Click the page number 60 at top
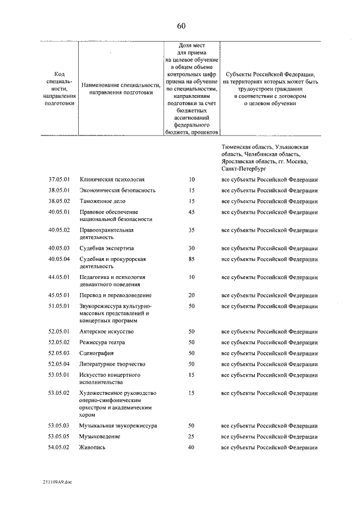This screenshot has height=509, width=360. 181,26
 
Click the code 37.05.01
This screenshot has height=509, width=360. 58,179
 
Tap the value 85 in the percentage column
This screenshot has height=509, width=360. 191,259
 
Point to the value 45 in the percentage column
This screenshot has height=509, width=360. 191,211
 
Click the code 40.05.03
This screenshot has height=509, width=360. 58,248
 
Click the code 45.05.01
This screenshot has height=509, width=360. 58,295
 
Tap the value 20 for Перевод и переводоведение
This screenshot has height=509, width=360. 191,295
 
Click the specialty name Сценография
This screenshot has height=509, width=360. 97,353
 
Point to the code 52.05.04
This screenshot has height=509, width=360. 58,364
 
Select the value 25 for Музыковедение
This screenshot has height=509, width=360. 191,436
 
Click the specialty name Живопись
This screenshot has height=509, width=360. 93,447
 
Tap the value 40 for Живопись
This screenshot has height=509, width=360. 191,447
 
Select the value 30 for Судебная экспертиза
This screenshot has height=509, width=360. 191,248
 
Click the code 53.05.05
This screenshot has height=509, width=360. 58,436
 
